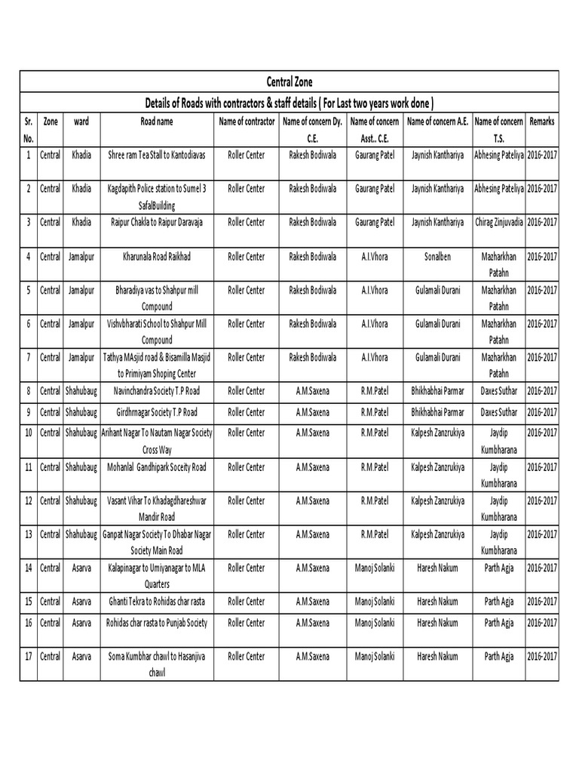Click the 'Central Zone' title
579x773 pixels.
[289, 82]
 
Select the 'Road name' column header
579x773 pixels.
[156, 121]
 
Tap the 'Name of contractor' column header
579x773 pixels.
[247, 121]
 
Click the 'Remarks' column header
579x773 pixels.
[542, 121]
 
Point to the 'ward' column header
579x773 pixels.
[81, 121]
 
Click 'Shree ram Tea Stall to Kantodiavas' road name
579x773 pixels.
[157, 154]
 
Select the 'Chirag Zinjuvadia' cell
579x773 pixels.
[498, 222]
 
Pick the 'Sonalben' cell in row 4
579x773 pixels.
[437, 257]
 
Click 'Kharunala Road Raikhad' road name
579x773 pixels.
[157, 257]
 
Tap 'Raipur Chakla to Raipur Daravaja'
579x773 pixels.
[157, 222]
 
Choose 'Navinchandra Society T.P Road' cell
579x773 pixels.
[157, 391]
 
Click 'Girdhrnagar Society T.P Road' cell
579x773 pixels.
[157, 413]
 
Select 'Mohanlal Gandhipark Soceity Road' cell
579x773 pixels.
[157, 467]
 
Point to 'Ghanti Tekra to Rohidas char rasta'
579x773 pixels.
[157, 602]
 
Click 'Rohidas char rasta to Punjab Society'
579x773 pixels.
[157, 623]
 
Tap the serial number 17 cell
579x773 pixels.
[28, 657]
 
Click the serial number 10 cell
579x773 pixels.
[28, 433]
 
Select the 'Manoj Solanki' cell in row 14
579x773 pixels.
[375, 568]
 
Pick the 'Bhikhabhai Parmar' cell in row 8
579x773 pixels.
[437, 391]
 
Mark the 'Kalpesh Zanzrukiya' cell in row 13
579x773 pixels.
[437, 534]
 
